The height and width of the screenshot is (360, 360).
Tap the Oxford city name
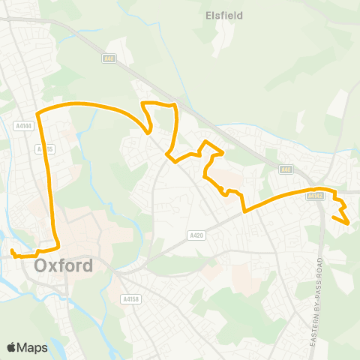click(64, 265)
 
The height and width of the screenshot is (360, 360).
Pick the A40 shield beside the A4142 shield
click(285, 170)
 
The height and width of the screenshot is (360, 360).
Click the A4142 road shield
click(314, 195)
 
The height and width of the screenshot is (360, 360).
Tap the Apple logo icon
click(11, 347)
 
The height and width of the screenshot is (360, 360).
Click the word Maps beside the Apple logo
click(33, 347)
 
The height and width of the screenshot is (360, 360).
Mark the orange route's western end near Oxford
click(12, 250)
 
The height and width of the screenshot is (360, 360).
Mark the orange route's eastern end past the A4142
click(348, 223)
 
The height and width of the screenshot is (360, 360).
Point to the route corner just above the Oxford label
click(58, 246)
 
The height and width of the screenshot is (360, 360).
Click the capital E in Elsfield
click(208, 13)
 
